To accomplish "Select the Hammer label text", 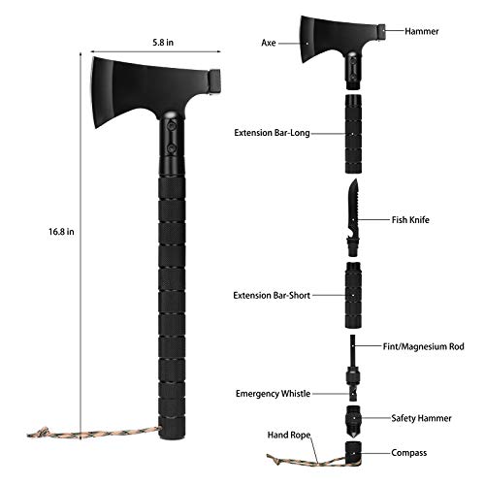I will click(423, 32).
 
